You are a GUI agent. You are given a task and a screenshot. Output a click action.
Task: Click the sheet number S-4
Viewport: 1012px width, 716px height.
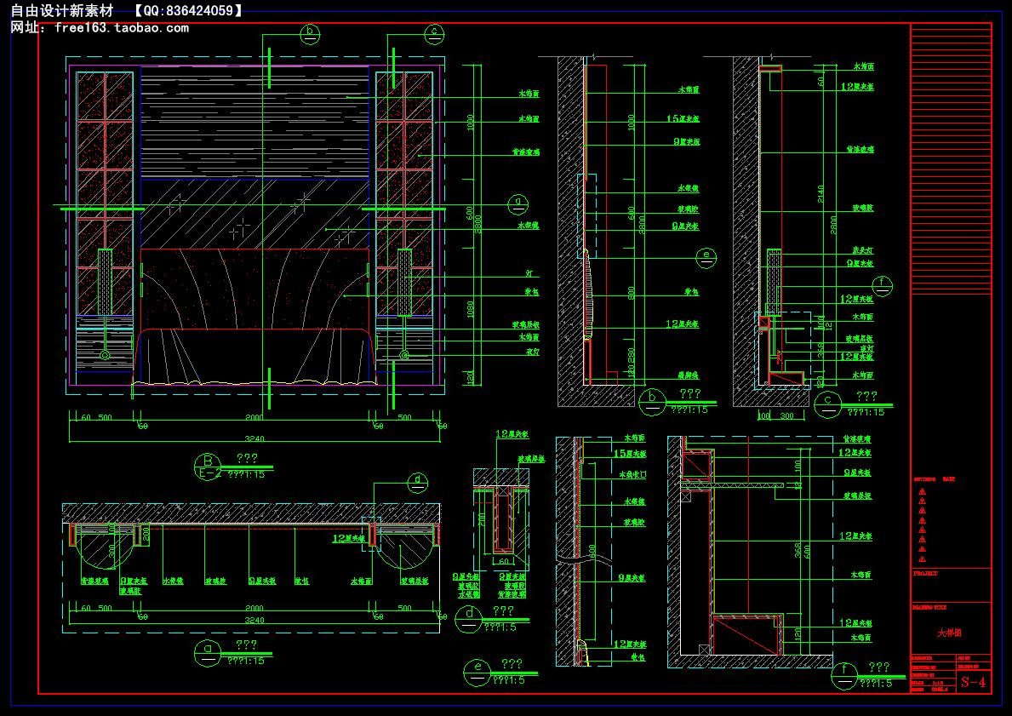(973, 682)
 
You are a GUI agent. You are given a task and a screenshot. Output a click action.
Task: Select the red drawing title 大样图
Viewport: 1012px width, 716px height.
(949, 633)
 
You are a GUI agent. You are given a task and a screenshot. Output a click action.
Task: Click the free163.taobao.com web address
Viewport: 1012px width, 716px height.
(121, 28)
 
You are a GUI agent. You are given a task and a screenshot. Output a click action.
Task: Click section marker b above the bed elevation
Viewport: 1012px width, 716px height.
(310, 34)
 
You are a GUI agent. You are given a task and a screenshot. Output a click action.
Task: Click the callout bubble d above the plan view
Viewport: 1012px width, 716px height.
(417, 482)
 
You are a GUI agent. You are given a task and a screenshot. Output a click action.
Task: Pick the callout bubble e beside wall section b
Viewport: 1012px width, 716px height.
(704, 255)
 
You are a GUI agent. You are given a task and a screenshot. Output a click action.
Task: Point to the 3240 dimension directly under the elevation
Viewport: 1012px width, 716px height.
(254, 438)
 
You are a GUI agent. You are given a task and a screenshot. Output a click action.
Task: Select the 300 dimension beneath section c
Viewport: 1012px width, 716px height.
(787, 416)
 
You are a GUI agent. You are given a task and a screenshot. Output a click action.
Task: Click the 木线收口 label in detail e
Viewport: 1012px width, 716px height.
(635, 475)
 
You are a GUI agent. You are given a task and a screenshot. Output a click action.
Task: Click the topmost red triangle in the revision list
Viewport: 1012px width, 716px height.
(922, 492)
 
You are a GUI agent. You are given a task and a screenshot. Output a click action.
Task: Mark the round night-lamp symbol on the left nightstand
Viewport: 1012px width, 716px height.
(105, 354)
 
